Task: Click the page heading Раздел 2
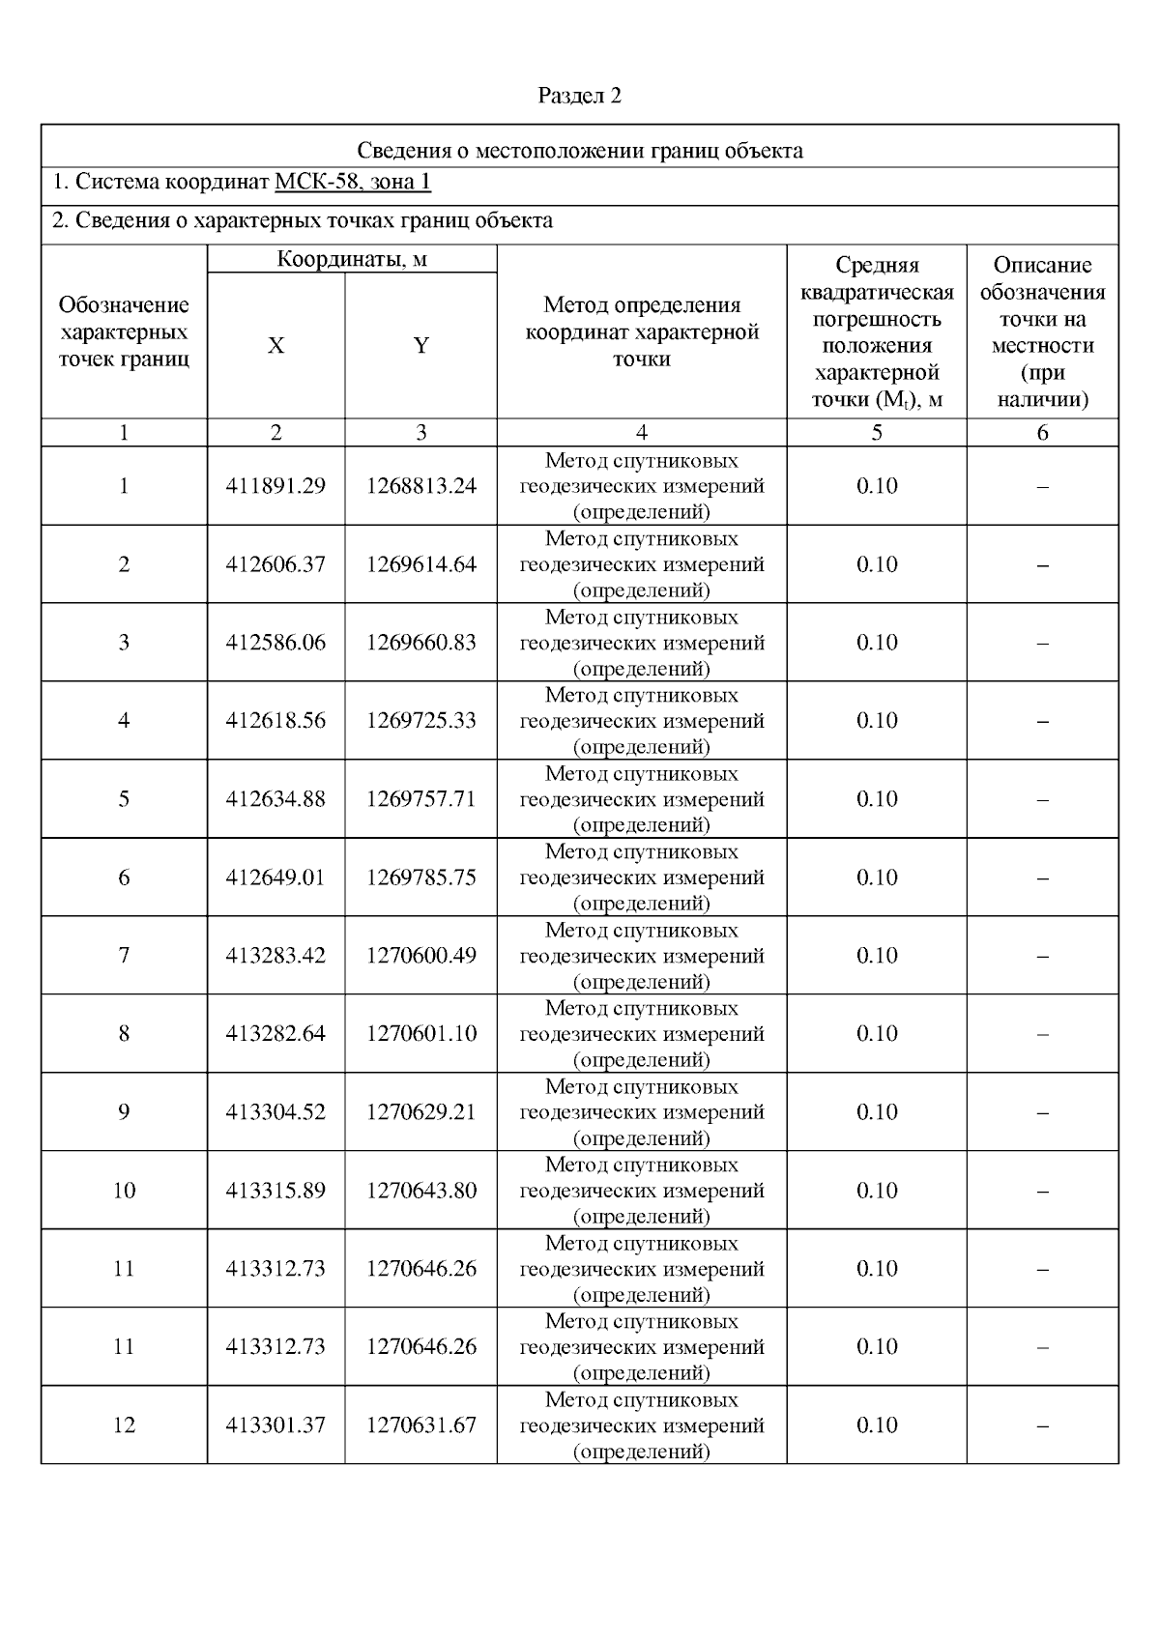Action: click(x=579, y=96)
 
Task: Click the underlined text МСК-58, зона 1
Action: click(x=353, y=183)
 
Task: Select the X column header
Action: click(x=276, y=346)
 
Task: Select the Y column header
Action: click(x=420, y=346)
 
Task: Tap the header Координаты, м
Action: click(x=352, y=259)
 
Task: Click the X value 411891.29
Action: click(x=275, y=486)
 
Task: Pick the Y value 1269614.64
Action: click(x=420, y=564)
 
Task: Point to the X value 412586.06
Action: click(x=275, y=643)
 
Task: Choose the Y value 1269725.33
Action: click(x=420, y=721)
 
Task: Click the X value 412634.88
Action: click(x=275, y=799)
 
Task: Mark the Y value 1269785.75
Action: click(x=420, y=878)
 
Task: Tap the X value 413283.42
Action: click(x=275, y=956)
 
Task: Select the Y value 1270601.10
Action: click(x=420, y=1034)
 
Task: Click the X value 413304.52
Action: click(x=275, y=1112)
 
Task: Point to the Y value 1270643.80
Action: click(x=420, y=1191)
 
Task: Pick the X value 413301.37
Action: click(x=275, y=1425)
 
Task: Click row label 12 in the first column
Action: click(x=124, y=1425)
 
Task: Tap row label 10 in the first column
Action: click(x=124, y=1191)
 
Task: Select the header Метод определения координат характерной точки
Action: click(x=642, y=331)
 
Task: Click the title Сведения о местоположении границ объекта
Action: click(x=579, y=151)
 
